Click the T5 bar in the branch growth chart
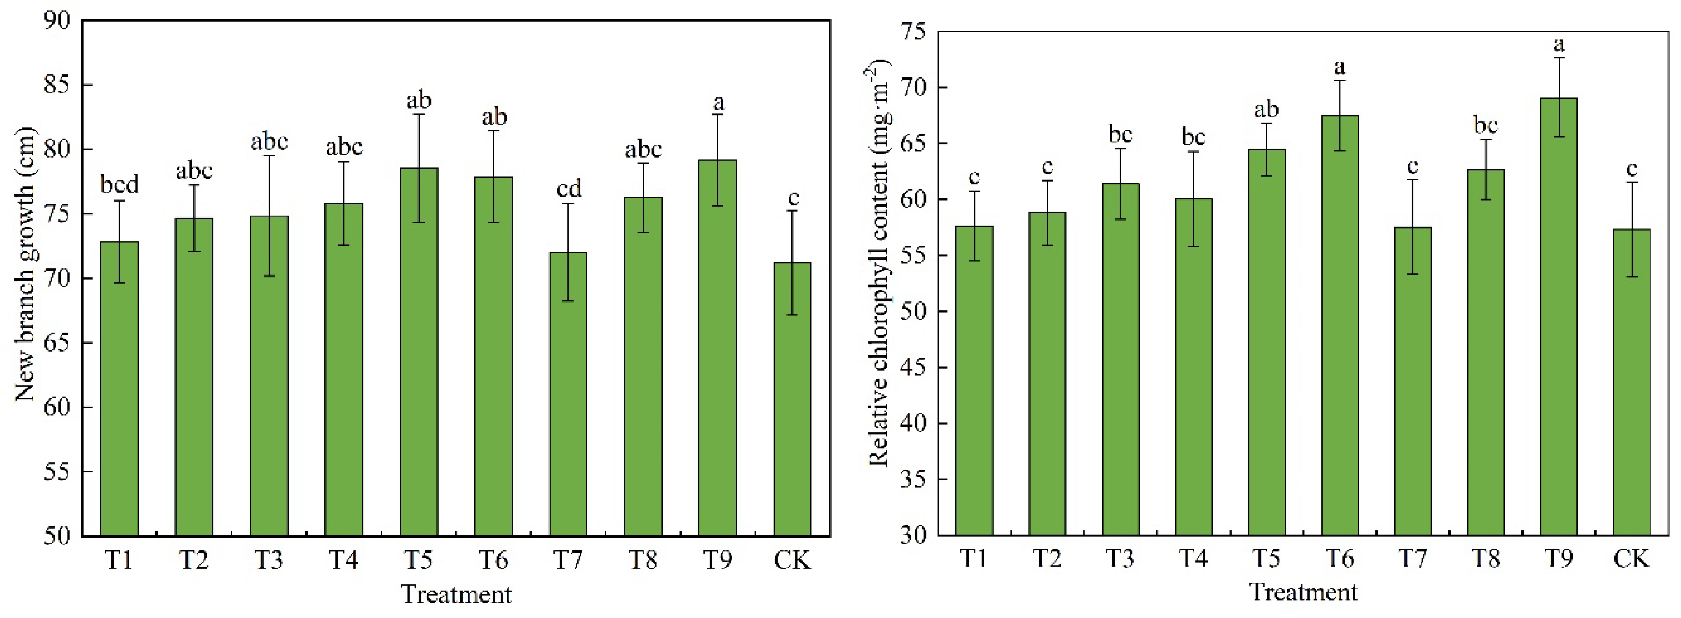click(419, 352)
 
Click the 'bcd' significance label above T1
click(119, 185)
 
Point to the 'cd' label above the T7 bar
click(569, 189)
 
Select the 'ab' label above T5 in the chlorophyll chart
click(1267, 110)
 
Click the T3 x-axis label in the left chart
click(269, 560)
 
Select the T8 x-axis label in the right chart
click(1485, 558)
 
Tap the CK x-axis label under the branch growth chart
click(792, 560)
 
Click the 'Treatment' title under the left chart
click(456, 594)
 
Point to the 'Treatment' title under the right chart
click(1303, 592)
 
